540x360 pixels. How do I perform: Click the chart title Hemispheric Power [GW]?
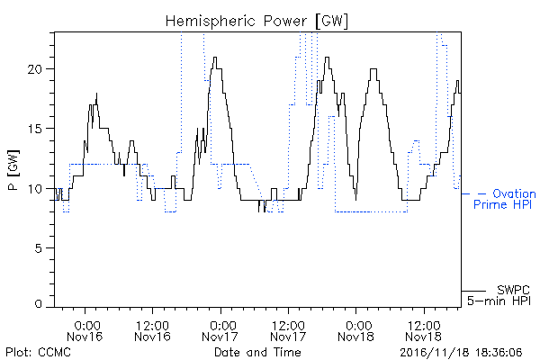point(256,22)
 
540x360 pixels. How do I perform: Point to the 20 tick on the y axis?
point(34,69)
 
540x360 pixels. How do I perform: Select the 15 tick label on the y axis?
point(35,129)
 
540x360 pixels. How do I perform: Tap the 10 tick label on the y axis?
point(35,189)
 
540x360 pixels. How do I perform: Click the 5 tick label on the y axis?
point(39,248)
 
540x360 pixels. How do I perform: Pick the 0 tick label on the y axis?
point(39,304)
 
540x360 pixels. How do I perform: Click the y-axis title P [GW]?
point(13,170)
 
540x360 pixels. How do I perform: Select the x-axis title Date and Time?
point(257,352)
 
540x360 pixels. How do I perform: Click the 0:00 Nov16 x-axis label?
point(85,331)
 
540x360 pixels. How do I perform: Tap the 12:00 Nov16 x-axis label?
point(153,331)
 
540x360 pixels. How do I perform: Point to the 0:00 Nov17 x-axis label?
point(220,331)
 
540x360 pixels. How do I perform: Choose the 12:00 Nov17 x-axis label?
point(288,331)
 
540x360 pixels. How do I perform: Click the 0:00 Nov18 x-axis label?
point(356,331)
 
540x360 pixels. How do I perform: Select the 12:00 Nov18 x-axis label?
point(424,331)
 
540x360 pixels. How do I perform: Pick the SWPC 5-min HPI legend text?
point(499,295)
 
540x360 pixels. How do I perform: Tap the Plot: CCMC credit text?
point(38,352)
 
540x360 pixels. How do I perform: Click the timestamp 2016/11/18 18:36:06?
point(461,353)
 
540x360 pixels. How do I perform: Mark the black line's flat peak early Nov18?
point(373,69)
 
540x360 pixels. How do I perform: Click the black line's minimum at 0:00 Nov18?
point(355,200)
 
